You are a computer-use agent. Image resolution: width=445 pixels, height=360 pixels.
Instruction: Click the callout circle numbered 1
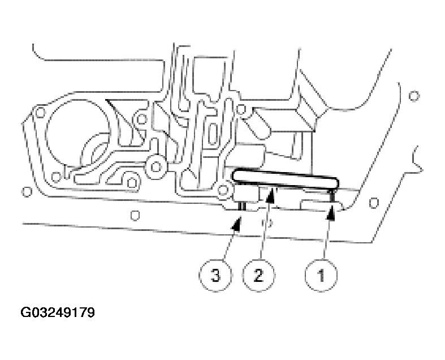[x=321, y=275]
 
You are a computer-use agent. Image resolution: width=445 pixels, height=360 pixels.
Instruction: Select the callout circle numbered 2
[x=258, y=275]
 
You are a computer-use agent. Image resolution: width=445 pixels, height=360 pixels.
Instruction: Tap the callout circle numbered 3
[x=215, y=275]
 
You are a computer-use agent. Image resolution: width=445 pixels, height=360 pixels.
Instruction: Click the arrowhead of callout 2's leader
[x=271, y=196]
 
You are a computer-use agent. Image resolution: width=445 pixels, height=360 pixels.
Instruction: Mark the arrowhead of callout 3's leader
[x=237, y=223]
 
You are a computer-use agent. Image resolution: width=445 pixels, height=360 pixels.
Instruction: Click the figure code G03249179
[x=58, y=312]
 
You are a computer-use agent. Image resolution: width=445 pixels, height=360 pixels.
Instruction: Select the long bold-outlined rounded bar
[x=285, y=179]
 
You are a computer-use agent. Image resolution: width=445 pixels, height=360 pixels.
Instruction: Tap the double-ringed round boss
[x=155, y=167]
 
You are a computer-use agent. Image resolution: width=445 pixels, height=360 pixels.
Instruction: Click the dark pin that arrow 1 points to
[x=331, y=196]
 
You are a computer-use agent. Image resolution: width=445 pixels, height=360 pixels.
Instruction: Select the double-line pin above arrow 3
[x=242, y=205]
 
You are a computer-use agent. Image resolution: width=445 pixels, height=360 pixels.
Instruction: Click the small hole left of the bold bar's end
[x=223, y=190]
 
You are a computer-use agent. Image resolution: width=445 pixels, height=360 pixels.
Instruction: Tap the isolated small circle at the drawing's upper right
[x=414, y=96]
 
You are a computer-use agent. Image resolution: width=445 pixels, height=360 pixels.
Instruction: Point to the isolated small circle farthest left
[x=27, y=191]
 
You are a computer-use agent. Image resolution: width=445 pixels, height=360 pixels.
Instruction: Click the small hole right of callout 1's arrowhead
[x=374, y=203]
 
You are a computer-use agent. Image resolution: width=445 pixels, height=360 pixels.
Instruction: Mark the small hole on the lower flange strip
[x=135, y=215]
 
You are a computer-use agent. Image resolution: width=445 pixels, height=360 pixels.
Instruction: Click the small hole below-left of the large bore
[x=56, y=177]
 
